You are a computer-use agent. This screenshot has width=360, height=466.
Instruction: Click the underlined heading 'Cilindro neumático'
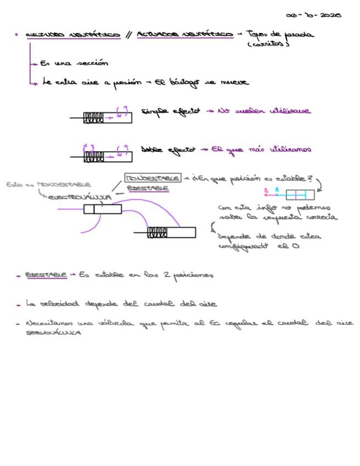[73, 35]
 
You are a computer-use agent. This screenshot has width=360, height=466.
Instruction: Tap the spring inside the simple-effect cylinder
[93, 118]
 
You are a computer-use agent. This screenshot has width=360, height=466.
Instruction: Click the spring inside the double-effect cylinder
[93, 157]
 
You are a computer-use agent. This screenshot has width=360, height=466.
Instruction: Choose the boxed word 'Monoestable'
[153, 179]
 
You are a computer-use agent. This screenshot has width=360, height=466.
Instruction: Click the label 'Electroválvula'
[80, 196]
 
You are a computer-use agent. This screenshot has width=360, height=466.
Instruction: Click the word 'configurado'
[242, 247]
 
